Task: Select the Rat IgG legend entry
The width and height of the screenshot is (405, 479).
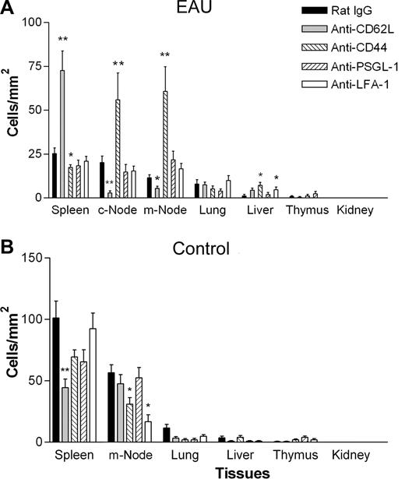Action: (x=333, y=11)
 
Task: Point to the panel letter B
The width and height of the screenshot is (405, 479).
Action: (x=7, y=250)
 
